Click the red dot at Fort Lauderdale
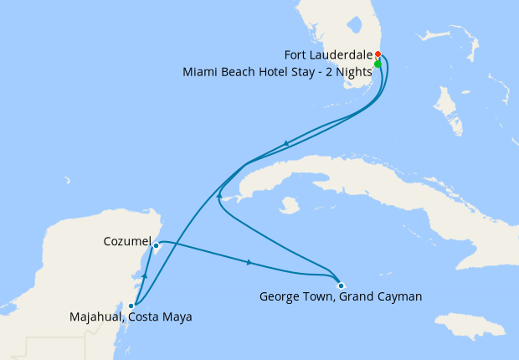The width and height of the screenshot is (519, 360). (378, 54)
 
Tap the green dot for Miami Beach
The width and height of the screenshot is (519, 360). (378, 64)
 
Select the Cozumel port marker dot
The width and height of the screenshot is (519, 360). (157, 245)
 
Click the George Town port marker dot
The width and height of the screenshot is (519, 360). (341, 285)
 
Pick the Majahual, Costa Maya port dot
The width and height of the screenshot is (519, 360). (131, 306)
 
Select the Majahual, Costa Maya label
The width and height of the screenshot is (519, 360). (131, 317)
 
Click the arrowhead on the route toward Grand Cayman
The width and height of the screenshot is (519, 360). (249, 263)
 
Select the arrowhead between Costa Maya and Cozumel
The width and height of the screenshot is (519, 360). (146, 275)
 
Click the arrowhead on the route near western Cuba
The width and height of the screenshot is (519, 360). (219, 195)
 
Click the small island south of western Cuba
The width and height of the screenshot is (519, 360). (290, 204)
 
